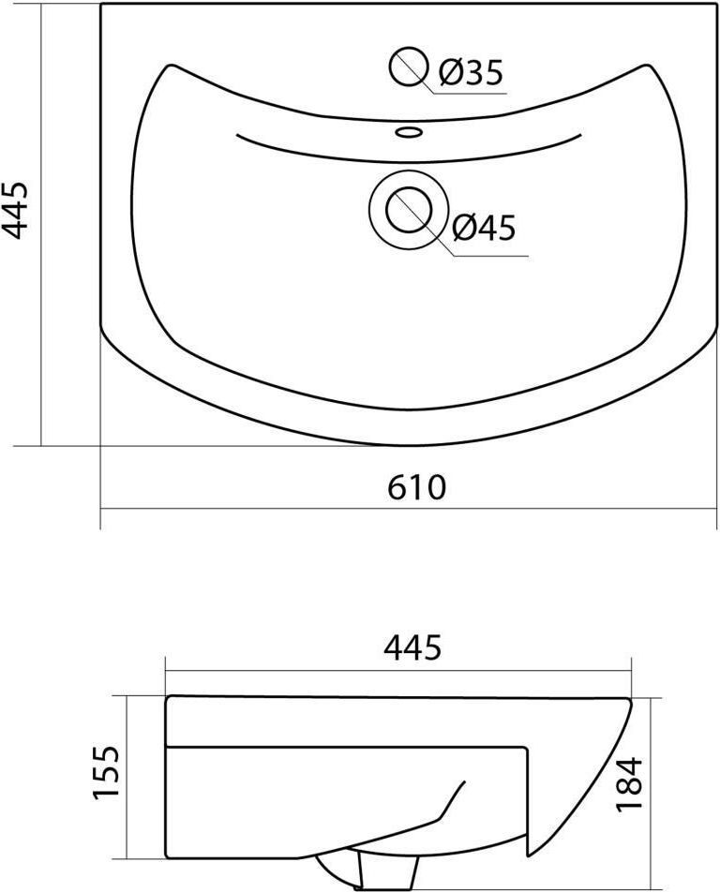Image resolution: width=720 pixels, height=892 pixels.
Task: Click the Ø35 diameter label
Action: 471,72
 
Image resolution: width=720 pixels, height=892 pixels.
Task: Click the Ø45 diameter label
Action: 483,228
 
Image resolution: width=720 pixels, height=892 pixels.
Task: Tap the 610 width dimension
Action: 416,487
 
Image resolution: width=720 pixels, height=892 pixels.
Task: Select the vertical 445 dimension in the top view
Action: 14,210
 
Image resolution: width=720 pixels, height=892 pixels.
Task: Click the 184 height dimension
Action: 629,782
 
